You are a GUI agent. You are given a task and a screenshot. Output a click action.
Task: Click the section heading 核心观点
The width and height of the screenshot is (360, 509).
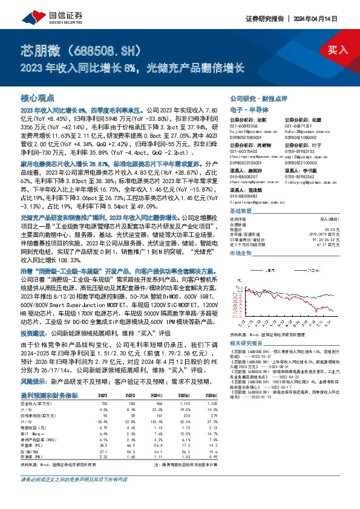coord(38,97)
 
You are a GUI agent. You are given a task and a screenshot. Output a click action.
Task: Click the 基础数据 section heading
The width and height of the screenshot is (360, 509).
coord(241,211)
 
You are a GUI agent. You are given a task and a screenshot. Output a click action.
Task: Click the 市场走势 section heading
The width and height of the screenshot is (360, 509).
coord(241,253)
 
